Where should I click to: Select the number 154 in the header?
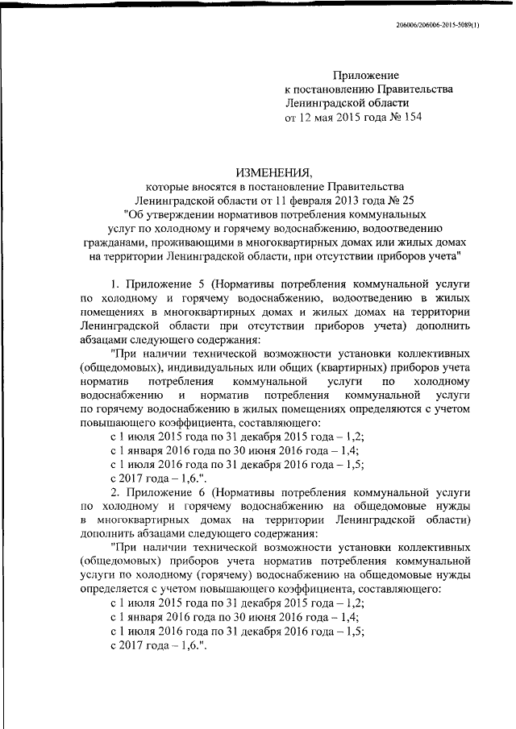pos(411,117)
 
